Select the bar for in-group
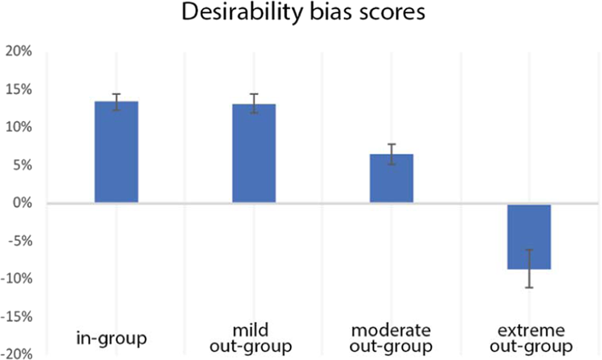coord(116,152)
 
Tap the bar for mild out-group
coord(254,154)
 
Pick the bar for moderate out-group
coord(391,178)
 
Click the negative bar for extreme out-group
coord(529,237)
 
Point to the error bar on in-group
coord(116,102)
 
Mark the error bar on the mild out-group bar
coord(254,103)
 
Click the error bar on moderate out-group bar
coord(391,154)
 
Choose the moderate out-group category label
coord(391,338)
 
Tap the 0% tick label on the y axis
coord(21,203)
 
